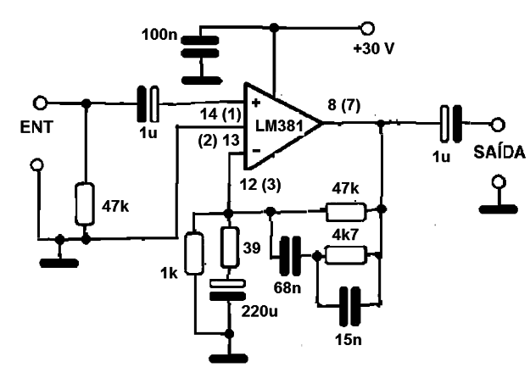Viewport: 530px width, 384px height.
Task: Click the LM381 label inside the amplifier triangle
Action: tap(279, 126)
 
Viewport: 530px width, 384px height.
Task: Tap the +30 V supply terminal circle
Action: tap(366, 28)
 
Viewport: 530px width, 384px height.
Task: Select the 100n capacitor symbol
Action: tap(200, 47)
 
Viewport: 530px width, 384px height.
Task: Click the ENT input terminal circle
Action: tap(40, 103)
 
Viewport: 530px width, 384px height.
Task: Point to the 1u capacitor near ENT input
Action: tap(148, 104)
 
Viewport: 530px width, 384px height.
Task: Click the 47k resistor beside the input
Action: tap(85, 204)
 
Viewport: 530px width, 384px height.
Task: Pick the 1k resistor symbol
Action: tap(194, 253)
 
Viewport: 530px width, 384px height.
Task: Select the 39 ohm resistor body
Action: tap(230, 248)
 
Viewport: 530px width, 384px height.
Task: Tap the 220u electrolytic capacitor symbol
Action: tap(228, 290)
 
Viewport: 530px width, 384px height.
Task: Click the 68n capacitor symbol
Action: tap(290, 255)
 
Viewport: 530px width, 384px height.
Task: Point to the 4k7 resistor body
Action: tap(346, 255)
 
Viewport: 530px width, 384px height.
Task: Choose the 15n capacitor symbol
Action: tap(350, 306)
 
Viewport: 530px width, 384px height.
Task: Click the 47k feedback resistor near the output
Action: tap(346, 212)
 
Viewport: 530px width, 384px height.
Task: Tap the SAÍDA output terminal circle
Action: tap(497, 125)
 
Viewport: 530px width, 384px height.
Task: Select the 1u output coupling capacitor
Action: tap(451, 124)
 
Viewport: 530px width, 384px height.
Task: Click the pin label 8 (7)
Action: tap(344, 105)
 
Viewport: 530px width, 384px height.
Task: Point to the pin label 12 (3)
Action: tap(260, 185)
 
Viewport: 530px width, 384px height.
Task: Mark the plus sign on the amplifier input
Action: tap(256, 103)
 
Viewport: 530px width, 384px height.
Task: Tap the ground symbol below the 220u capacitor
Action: tap(229, 359)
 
